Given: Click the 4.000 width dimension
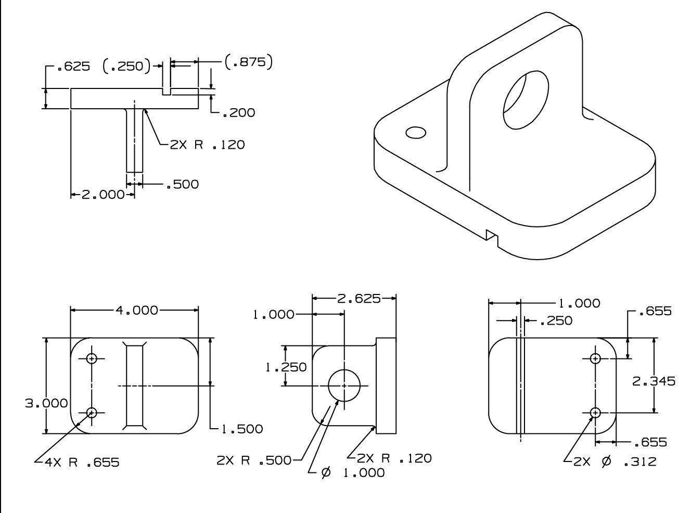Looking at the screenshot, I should pos(136,311).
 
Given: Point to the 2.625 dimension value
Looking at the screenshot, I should pos(359,299).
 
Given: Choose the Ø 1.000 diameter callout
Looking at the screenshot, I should pos(353,472).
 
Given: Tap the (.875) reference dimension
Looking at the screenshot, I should pos(249,62).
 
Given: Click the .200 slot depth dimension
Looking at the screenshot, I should pos(238,113).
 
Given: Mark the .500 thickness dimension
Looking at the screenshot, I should pos(182,184).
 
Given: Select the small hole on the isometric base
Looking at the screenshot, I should pos(415,133).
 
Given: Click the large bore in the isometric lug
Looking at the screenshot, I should pos(526,101).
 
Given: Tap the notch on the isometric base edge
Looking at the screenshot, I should pos(492,236).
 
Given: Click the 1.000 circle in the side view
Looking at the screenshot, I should pos(344,386).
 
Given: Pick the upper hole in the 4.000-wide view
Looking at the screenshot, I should pos(92,358).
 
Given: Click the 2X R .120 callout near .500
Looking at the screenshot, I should pos(207,145).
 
